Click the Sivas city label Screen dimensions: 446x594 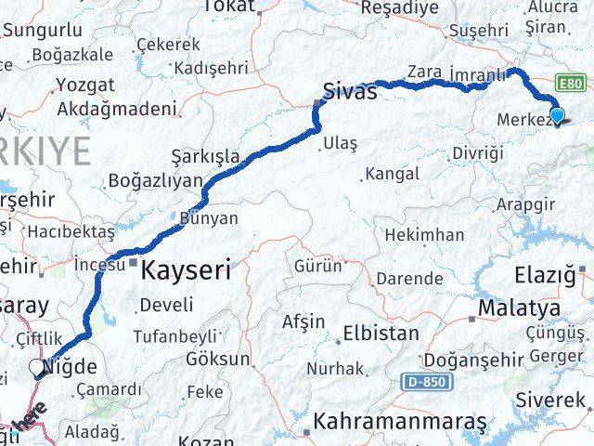(x=350, y=91)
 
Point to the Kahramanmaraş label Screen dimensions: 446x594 (x=400, y=422)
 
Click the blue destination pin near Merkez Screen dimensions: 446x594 (x=557, y=115)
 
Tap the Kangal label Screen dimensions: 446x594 (x=392, y=174)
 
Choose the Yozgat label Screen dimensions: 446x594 (x=85, y=85)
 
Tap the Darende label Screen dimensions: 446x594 (x=409, y=278)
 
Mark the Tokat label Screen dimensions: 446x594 (x=227, y=7)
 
